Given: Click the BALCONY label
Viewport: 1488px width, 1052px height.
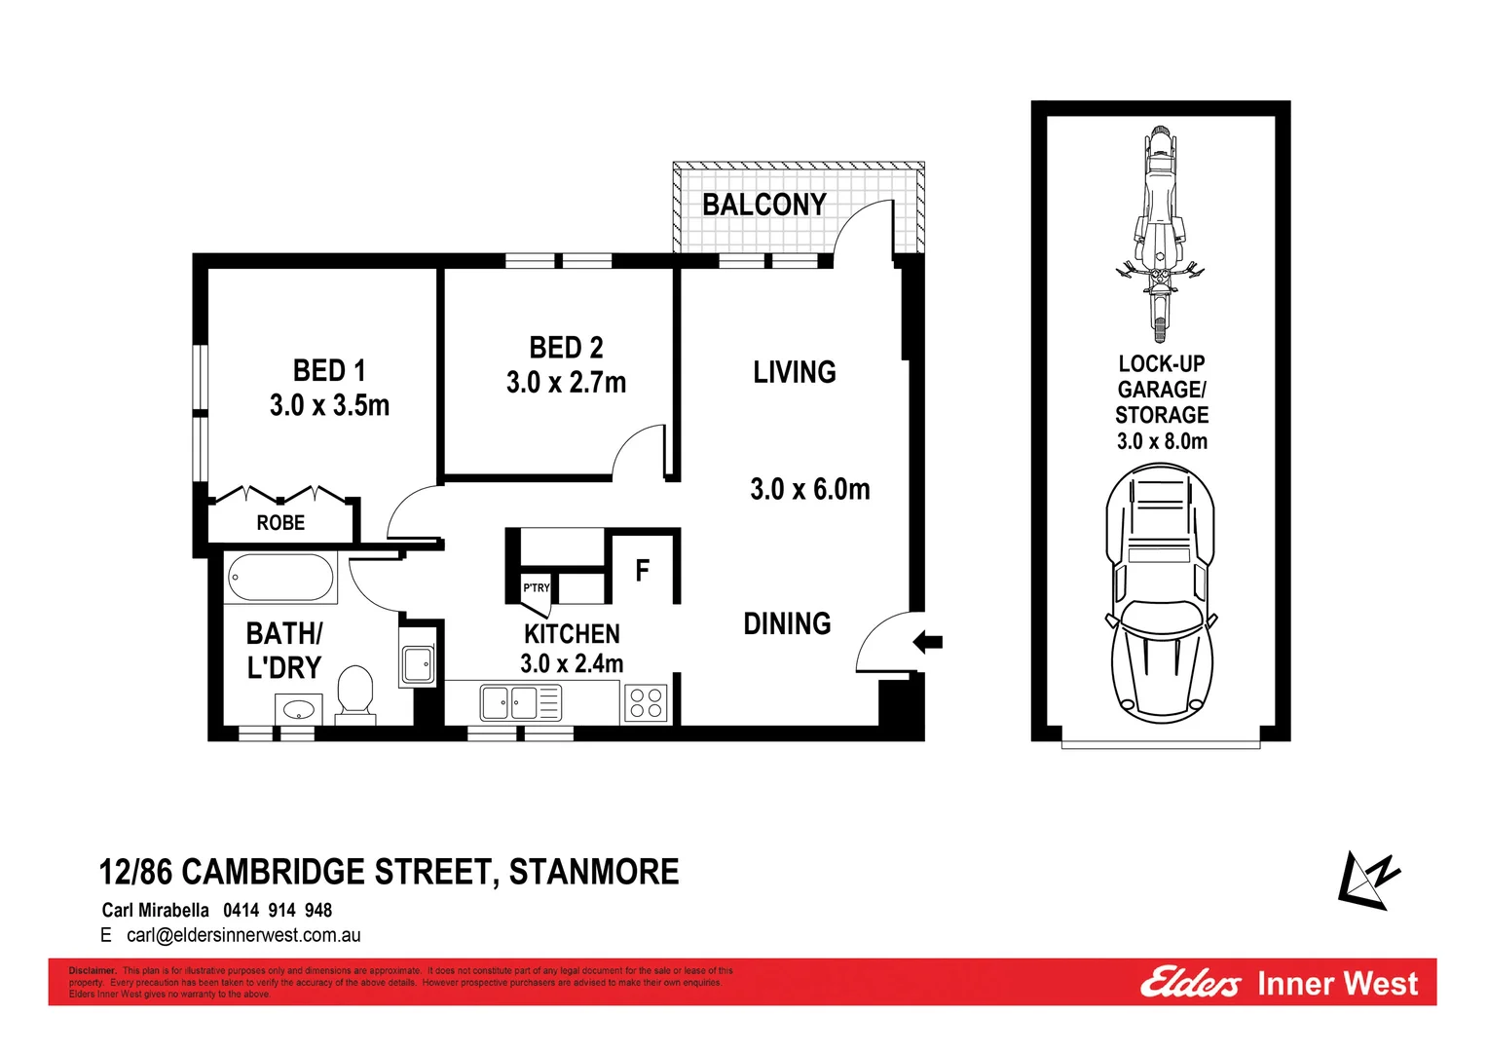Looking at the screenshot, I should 763,205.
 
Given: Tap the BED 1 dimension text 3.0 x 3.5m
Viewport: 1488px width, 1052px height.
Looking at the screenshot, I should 329,405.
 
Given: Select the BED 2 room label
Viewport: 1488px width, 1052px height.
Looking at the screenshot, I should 566,348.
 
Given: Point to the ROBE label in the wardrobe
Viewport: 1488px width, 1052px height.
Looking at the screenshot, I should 280,523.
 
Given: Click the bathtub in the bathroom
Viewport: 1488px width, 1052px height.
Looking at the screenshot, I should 280,578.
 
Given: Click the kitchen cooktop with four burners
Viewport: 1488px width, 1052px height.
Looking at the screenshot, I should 646,702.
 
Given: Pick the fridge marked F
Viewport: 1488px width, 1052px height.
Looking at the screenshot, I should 642,570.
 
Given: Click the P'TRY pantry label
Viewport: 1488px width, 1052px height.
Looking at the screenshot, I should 537,587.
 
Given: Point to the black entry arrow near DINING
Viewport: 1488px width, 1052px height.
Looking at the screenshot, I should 928,641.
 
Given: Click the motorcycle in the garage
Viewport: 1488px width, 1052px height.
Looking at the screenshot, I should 1159,234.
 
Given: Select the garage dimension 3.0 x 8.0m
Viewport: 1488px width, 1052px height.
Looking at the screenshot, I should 1162,441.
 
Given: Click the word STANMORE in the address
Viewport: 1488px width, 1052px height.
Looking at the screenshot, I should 594,872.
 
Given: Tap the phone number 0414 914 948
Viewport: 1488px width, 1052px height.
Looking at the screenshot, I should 278,910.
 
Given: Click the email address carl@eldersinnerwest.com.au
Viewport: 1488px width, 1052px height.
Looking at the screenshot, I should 243,935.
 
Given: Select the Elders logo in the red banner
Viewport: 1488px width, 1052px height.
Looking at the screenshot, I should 1190,983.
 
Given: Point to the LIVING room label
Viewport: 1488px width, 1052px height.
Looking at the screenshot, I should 794,372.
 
